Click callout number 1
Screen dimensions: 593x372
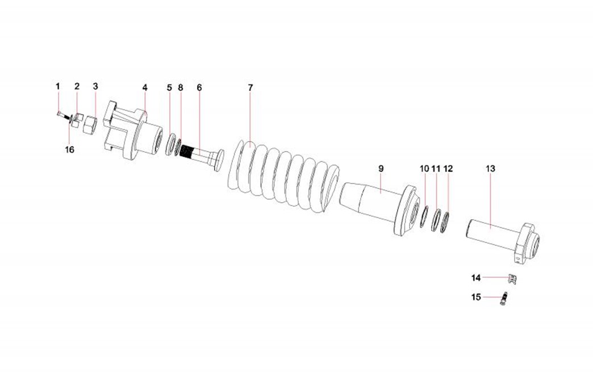[58, 86]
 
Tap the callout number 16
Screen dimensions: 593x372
[70, 150]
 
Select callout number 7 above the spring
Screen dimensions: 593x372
[250, 87]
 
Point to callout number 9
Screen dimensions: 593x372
[381, 169]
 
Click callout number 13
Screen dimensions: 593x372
[490, 169]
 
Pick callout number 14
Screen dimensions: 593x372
[476, 278]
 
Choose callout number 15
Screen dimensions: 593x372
[476, 297]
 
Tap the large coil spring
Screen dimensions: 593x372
[283, 177]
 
